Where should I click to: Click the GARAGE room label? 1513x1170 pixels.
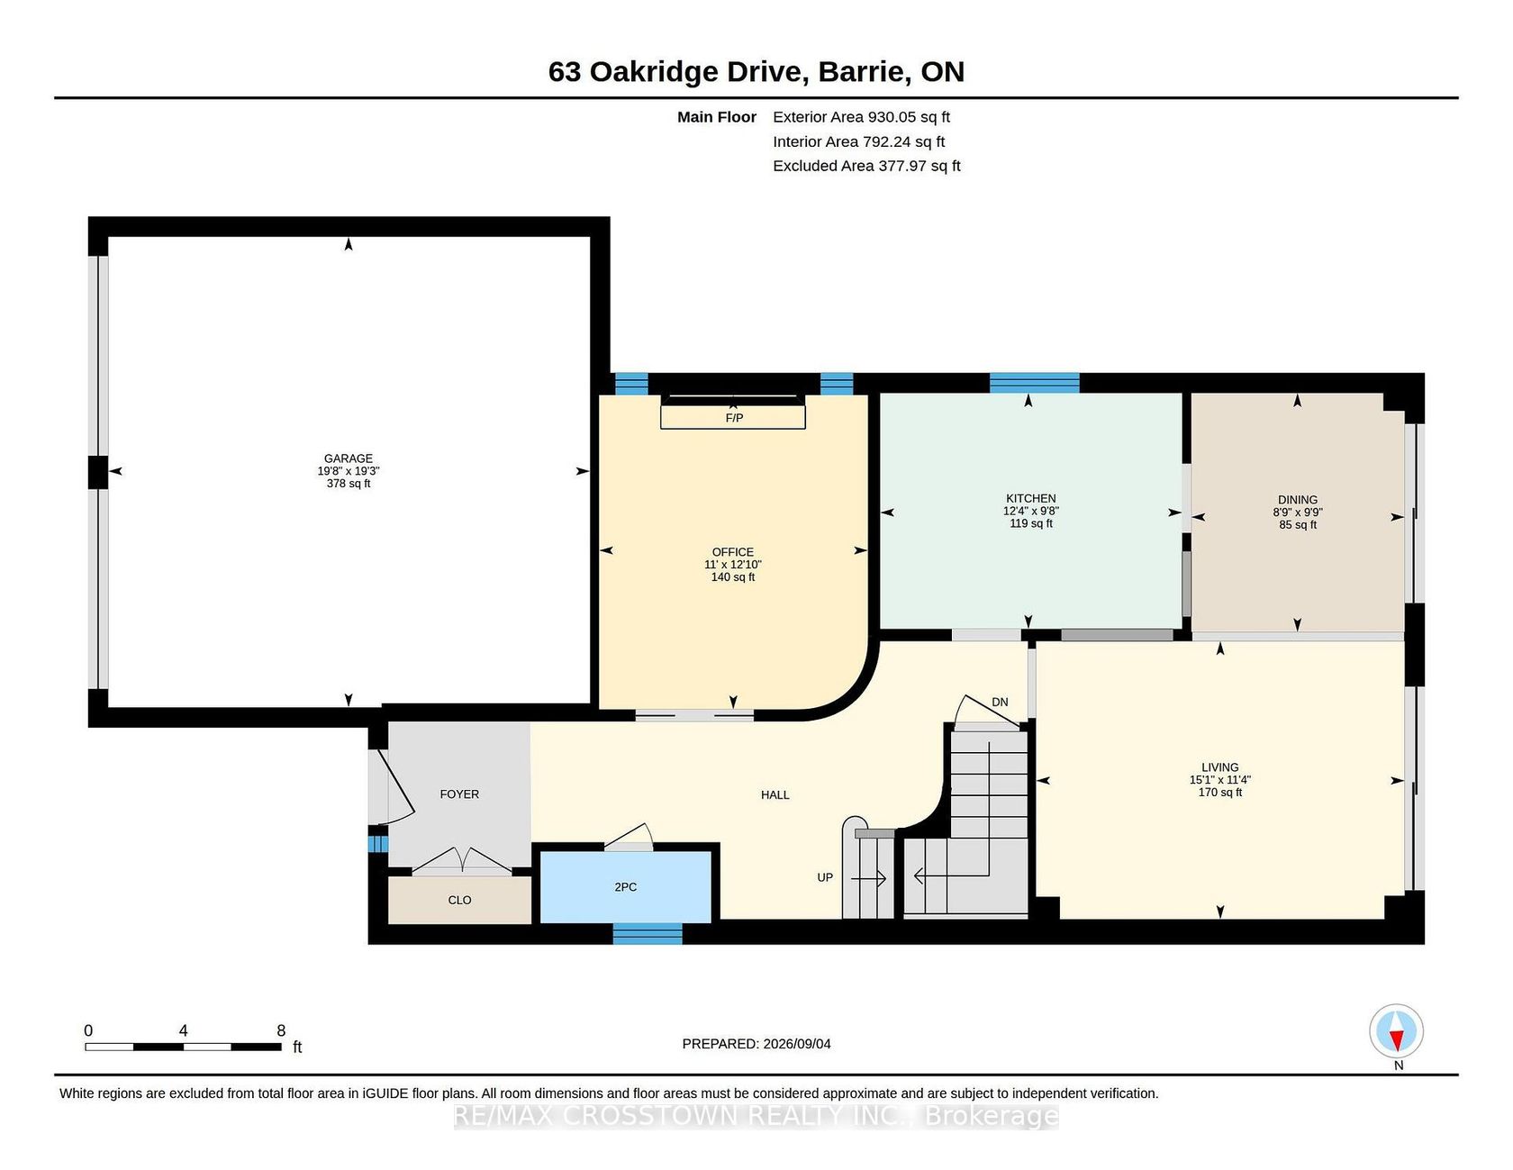[x=349, y=458]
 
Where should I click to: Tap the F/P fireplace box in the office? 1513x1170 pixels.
[x=733, y=417]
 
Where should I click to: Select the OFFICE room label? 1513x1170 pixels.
[x=733, y=552]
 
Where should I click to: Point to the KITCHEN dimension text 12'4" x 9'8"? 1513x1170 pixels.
[x=1031, y=511]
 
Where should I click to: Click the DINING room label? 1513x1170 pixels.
[x=1298, y=500]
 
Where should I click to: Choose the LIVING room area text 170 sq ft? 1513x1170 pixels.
[x=1220, y=793]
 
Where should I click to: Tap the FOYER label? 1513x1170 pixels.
[x=459, y=794]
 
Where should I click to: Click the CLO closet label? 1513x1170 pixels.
[x=459, y=900]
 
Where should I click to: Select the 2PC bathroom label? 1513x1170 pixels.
[x=626, y=887]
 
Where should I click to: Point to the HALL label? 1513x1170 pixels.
[x=775, y=795]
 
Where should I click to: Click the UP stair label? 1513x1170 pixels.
[x=825, y=877]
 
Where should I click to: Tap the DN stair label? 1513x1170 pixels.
[x=1000, y=703]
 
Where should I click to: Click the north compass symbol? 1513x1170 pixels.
[x=1397, y=1031]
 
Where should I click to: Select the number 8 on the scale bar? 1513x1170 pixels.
[x=281, y=1030]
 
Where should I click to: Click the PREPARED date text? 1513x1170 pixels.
[x=756, y=1044]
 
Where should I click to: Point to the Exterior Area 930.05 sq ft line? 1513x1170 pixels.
[x=862, y=117]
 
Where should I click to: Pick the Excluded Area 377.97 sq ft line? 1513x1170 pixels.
[x=867, y=166]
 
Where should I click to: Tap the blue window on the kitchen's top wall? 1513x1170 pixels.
[x=1035, y=383]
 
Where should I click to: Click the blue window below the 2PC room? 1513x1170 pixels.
[x=648, y=934]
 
